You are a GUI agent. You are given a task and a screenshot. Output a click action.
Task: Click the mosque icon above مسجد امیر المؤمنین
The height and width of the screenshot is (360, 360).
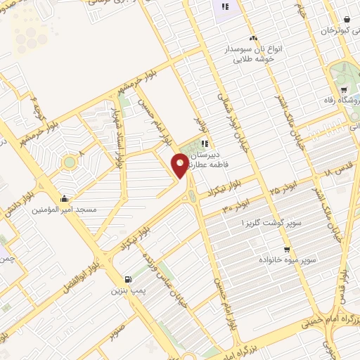tap(65, 198)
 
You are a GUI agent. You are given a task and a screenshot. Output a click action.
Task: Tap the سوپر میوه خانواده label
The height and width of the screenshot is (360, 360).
tap(286, 260)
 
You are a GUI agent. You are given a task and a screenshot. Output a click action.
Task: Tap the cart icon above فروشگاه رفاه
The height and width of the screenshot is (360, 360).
tap(344, 90)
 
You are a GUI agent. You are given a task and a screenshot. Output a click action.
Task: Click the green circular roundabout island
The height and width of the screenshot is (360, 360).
tap(69, 163)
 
